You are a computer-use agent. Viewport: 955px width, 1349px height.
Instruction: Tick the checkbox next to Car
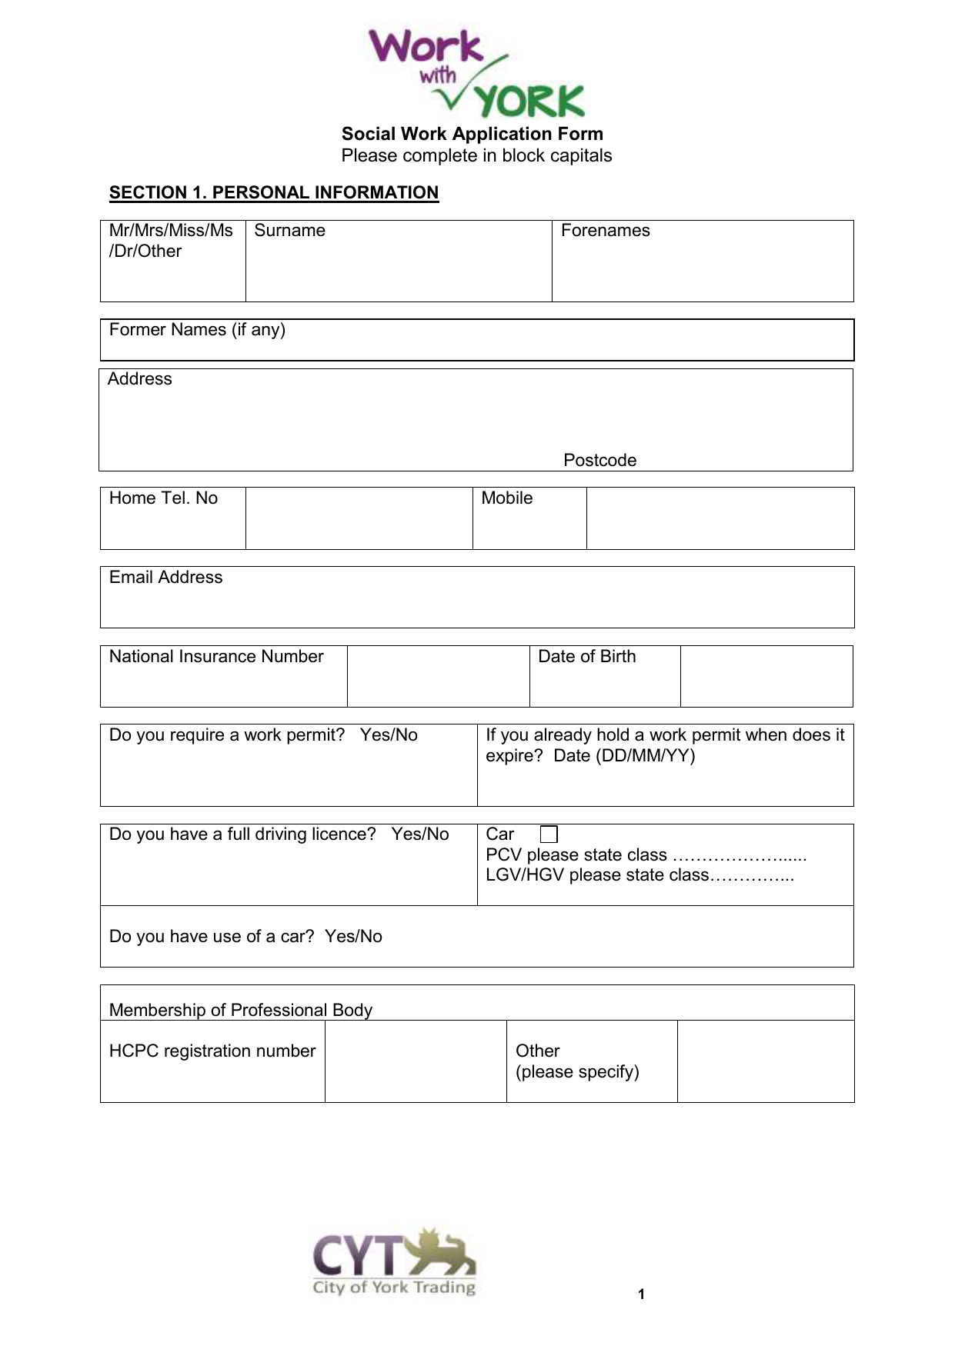549,834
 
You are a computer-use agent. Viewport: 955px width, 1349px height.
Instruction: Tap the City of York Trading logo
394,1262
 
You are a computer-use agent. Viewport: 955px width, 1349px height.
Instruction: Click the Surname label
289,231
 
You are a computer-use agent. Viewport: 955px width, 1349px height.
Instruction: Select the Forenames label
605,231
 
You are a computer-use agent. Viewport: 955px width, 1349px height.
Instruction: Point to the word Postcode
599,460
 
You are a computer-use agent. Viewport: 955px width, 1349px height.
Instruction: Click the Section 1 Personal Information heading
274,192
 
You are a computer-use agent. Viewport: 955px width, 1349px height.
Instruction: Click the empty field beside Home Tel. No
359,518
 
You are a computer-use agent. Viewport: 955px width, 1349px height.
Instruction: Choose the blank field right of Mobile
720,518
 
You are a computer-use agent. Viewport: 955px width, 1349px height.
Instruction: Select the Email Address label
165,578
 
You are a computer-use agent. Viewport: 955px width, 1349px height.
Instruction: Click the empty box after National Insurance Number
438,676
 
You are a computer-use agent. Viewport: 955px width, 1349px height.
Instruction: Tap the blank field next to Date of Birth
766,676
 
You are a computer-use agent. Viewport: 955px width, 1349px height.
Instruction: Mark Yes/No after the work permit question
389,735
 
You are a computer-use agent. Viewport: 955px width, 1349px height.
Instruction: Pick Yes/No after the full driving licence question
419,834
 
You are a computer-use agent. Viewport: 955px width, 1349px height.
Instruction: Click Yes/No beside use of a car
353,937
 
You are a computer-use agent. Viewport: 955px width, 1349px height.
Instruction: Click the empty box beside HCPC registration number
416,1061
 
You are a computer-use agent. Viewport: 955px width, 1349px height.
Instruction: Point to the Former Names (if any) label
197,330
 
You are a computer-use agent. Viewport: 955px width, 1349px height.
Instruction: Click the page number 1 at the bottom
641,1294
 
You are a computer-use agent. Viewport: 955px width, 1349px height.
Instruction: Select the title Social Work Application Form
472,134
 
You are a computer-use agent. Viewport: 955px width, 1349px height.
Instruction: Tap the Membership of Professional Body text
241,1010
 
